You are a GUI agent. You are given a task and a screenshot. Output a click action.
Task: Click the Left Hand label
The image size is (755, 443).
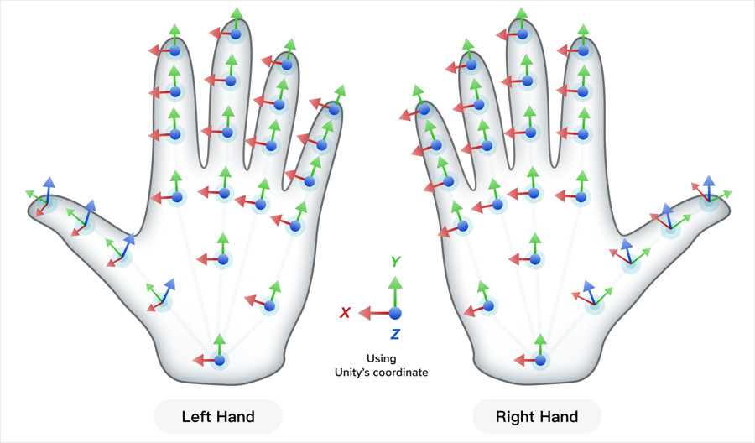point(218,416)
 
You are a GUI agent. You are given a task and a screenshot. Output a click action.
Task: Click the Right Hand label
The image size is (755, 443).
point(537,416)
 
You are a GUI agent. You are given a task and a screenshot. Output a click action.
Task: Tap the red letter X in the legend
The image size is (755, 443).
point(345,313)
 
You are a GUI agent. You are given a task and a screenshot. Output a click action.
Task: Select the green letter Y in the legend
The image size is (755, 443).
point(394,262)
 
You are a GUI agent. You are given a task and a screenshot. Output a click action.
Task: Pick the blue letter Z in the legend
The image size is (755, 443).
point(394,334)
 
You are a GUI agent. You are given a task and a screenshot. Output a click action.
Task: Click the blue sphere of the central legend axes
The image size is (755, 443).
point(395,313)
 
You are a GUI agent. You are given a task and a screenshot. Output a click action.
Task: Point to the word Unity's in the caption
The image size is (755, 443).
point(358,372)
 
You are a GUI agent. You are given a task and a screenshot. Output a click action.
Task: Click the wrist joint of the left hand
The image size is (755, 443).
point(220,360)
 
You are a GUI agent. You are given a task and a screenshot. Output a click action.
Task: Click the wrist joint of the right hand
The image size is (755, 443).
point(539,360)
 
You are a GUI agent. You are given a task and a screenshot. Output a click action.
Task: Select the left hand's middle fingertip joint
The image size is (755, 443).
point(236,34)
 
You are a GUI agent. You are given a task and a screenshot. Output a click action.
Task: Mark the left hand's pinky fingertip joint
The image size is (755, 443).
point(334,108)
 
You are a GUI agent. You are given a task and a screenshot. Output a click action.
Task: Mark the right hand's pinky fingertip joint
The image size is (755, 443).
point(424,108)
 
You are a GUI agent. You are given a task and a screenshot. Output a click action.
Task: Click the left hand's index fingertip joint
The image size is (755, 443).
point(174,50)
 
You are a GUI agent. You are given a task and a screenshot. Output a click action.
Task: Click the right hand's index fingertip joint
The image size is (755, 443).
point(584,50)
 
